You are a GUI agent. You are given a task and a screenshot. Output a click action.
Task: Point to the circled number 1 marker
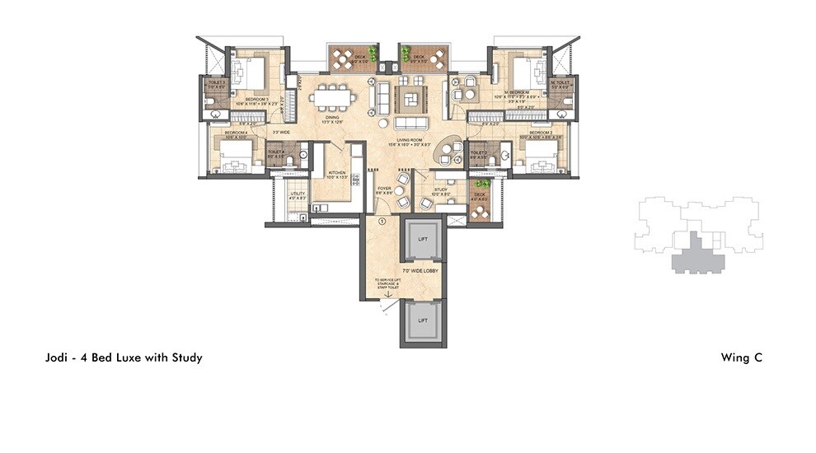click(382, 221)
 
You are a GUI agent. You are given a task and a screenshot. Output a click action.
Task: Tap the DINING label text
click(332, 117)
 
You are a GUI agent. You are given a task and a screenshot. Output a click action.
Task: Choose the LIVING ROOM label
click(409, 140)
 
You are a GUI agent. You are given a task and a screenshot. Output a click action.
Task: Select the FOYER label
click(384, 189)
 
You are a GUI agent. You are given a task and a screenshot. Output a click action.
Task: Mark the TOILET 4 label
click(275, 152)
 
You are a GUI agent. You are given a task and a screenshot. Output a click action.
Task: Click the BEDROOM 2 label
click(540, 133)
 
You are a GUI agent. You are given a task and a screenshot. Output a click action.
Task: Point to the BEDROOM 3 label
click(256, 100)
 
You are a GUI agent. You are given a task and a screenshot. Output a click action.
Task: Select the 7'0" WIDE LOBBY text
click(421, 270)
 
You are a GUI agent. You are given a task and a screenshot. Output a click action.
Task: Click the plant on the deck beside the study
click(483, 184)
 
